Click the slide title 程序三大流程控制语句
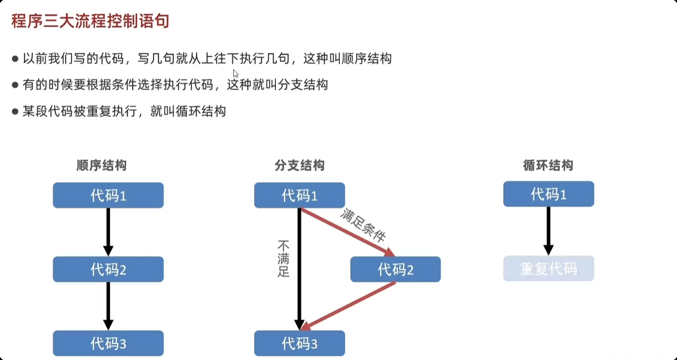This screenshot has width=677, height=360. click(90, 22)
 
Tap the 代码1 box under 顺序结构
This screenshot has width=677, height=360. click(108, 195)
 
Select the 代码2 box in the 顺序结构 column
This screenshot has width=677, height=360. click(108, 270)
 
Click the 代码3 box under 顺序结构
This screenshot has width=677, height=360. click(108, 343)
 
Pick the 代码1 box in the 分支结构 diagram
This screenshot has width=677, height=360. click(300, 195)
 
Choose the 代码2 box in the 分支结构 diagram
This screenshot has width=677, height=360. click(396, 270)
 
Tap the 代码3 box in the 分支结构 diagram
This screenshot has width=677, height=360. click(300, 343)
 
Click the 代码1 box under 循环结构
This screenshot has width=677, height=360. click(548, 194)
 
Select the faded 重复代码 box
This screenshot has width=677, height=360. click(548, 268)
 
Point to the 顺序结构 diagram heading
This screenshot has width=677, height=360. click(102, 165)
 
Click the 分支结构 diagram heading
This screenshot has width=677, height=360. click(300, 165)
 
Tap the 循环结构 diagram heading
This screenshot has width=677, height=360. click(548, 165)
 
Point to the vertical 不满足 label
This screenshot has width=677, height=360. click(284, 258)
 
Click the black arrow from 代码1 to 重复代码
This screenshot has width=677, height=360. click(548, 230)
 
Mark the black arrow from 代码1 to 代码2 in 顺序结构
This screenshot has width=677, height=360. click(108, 232)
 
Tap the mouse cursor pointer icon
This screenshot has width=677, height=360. click(236, 74)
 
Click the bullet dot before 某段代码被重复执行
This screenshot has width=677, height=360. click(16, 111)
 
